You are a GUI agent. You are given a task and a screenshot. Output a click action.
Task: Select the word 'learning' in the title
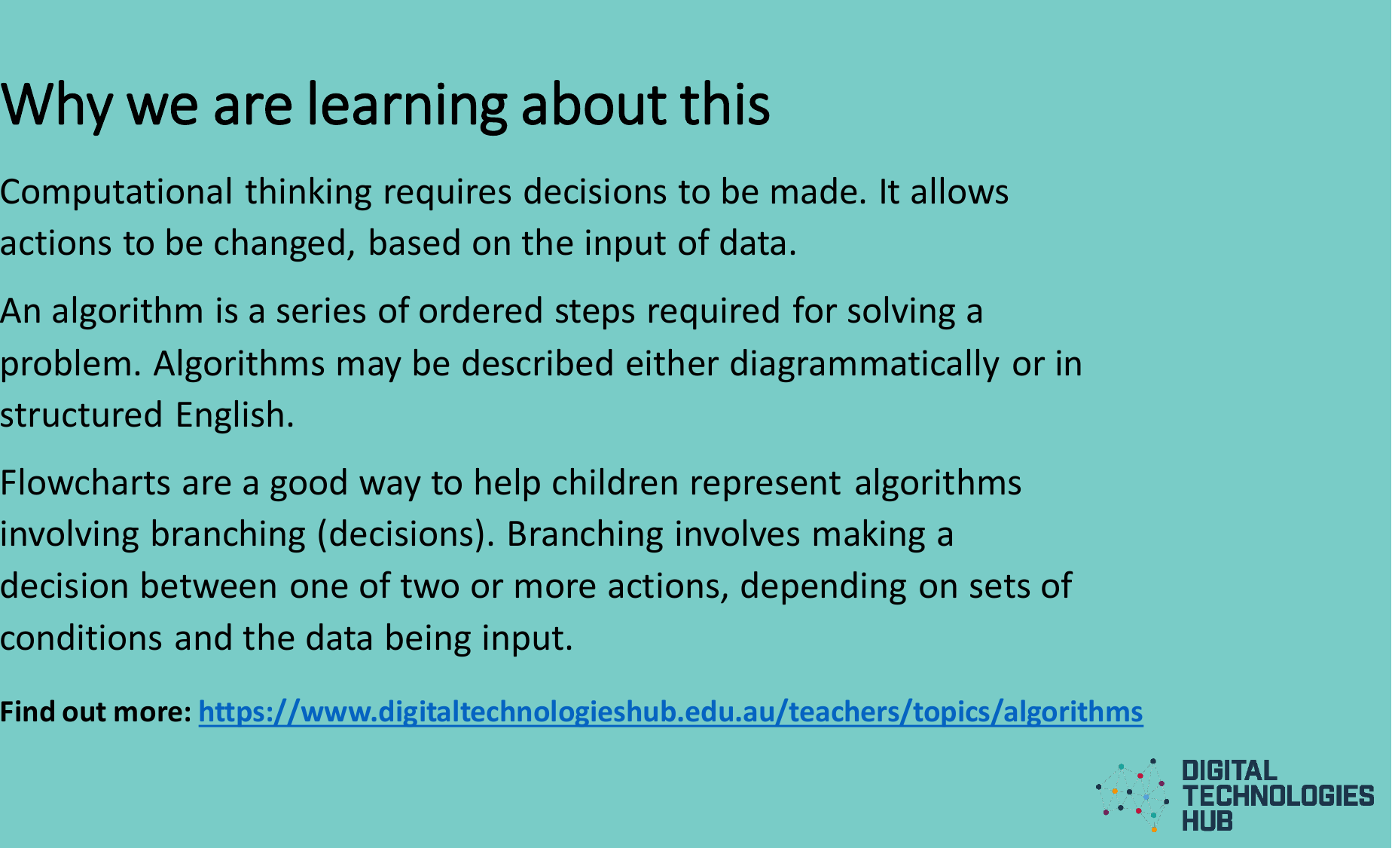pyautogui.click(x=407, y=106)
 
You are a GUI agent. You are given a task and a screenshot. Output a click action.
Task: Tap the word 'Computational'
pyautogui.click(x=116, y=193)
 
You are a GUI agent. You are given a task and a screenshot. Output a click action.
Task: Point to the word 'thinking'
pyautogui.click(x=308, y=193)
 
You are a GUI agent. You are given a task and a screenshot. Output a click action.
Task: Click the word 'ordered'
pyautogui.click(x=481, y=311)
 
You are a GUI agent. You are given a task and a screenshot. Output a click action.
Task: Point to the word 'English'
pyautogui.click(x=234, y=415)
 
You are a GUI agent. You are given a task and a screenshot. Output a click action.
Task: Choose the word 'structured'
pyautogui.click(x=81, y=415)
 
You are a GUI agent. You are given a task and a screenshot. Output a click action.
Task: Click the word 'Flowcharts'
pyautogui.click(x=85, y=483)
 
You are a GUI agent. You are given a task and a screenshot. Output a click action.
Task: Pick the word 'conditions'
pyautogui.click(x=81, y=638)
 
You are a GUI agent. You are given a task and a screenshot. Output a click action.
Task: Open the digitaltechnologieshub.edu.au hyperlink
pyautogui.click(x=670, y=712)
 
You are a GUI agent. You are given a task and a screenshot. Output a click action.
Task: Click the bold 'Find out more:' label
pyautogui.click(x=96, y=712)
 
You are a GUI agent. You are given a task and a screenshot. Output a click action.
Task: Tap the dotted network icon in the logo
pyautogui.click(x=1134, y=794)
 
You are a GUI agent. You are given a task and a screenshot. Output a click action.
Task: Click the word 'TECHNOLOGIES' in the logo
pyautogui.click(x=1278, y=796)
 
